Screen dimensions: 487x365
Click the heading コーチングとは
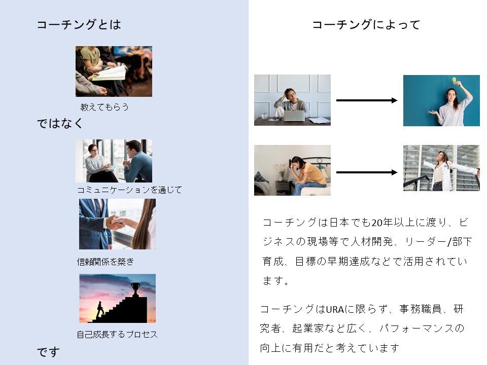point(79,24)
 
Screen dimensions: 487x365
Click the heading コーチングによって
point(366,24)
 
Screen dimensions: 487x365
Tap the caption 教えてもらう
point(105,107)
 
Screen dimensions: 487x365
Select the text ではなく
point(60,123)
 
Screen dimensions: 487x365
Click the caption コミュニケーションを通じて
point(129,190)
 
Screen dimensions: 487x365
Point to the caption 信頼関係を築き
point(106,262)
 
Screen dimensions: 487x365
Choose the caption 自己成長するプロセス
point(117,334)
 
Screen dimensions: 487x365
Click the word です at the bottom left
point(48,352)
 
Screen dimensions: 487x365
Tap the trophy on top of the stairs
point(136,288)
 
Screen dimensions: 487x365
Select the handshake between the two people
point(116,222)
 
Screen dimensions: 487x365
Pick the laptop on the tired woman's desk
point(294,116)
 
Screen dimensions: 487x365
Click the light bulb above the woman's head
point(454,81)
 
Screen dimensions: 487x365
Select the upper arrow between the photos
point(367,100)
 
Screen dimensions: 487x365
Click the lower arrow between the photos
point(367,172)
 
